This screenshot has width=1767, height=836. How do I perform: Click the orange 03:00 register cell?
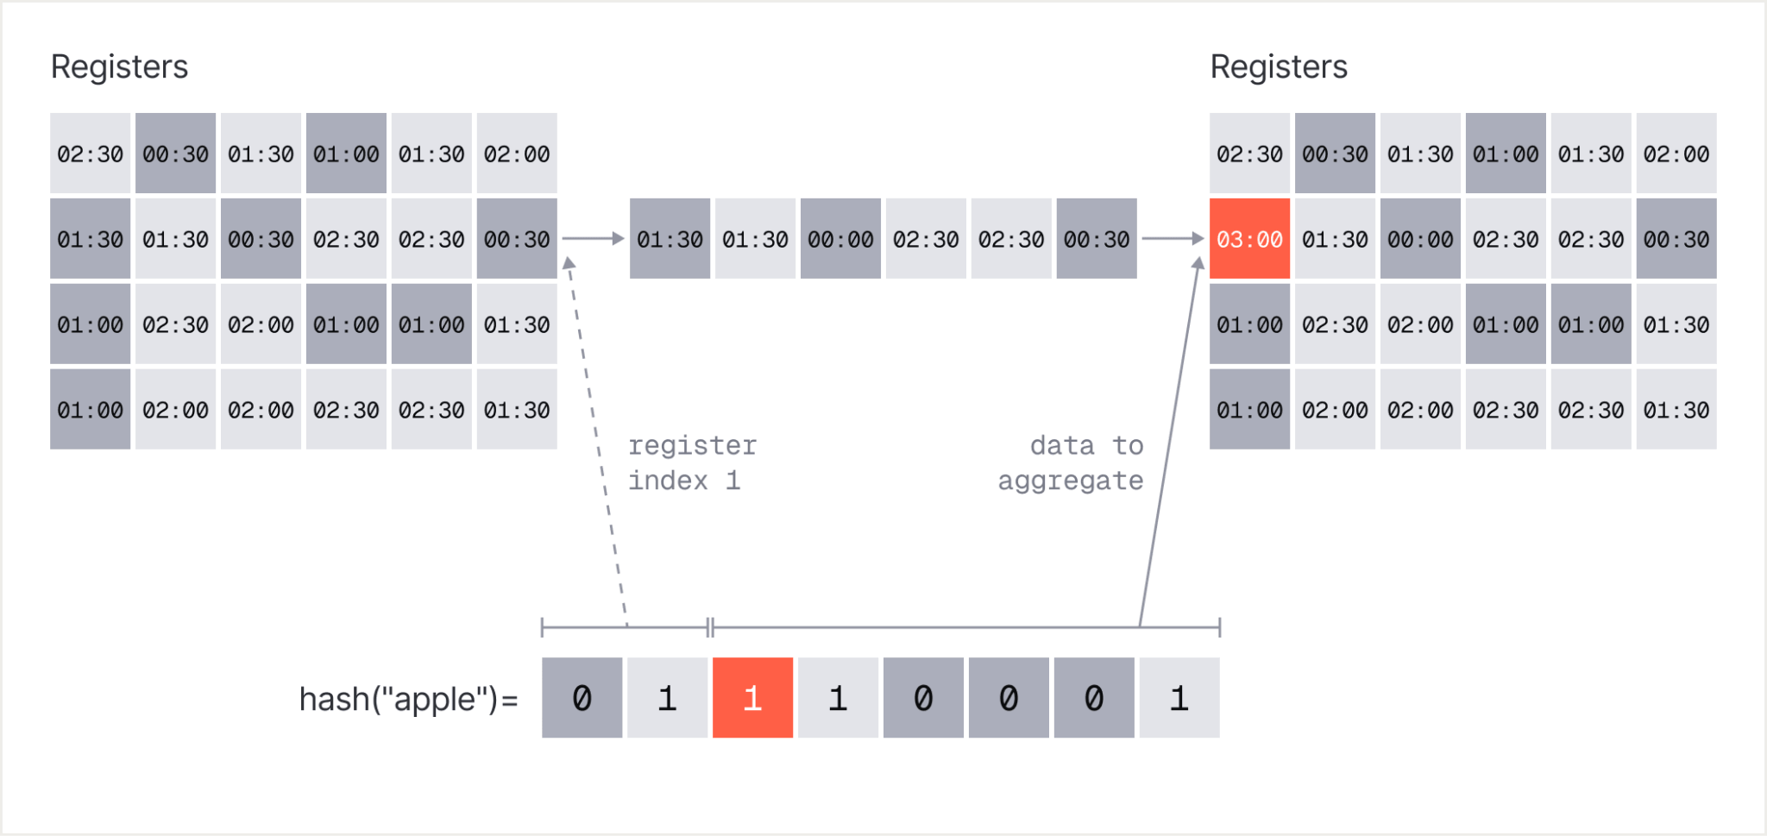tap(1249, 239)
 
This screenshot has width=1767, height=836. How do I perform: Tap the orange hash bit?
tap(752, 698)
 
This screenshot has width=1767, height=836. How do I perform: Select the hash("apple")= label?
tap(408, 699)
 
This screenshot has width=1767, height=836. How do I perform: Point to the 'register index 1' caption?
tap(692, 463)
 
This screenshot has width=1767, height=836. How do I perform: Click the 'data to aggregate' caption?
tap(1071, 463)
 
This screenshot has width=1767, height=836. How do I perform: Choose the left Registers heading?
tap(119, 66)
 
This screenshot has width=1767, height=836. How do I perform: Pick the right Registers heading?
tap(1279, 66)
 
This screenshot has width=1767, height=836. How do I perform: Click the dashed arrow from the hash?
tap(596, 441)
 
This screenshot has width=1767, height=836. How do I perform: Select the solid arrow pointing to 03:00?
tap(1170, 441)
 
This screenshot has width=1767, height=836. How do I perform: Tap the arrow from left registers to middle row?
tap(594, 238)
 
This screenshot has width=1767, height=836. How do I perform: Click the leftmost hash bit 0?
tap(582, 698)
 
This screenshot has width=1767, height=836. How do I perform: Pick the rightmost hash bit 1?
tap(1179, 698)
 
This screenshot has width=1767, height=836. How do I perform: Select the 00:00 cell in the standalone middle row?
tap(840, 239)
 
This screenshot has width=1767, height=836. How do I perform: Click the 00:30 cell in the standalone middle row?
tap(1097, 239)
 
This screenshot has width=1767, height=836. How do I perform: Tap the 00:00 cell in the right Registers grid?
tap(1420, 239)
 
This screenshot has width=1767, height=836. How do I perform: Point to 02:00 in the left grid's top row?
tap(517, 154)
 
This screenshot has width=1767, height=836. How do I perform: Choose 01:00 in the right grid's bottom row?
tap(1249, 410)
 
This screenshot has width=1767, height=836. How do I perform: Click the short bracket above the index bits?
tap(625, 627)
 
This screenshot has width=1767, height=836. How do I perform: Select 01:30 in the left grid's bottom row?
tap(517, 410)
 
